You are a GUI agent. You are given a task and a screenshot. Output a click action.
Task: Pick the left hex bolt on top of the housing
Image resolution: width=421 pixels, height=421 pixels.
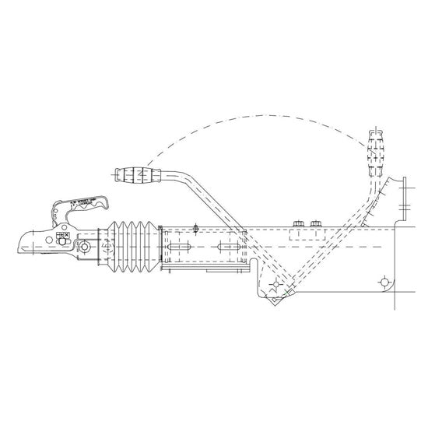[296, 225]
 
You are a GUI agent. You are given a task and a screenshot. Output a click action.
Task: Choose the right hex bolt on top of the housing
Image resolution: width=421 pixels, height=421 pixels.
[315, 225]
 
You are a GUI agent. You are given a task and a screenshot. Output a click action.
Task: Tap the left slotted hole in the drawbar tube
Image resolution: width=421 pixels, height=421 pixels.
[177, 248]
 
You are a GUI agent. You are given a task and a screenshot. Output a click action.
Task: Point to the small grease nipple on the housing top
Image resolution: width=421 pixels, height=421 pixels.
[196, 227]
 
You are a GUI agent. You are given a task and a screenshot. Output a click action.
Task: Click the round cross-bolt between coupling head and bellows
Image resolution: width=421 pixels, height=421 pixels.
[80, 247]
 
